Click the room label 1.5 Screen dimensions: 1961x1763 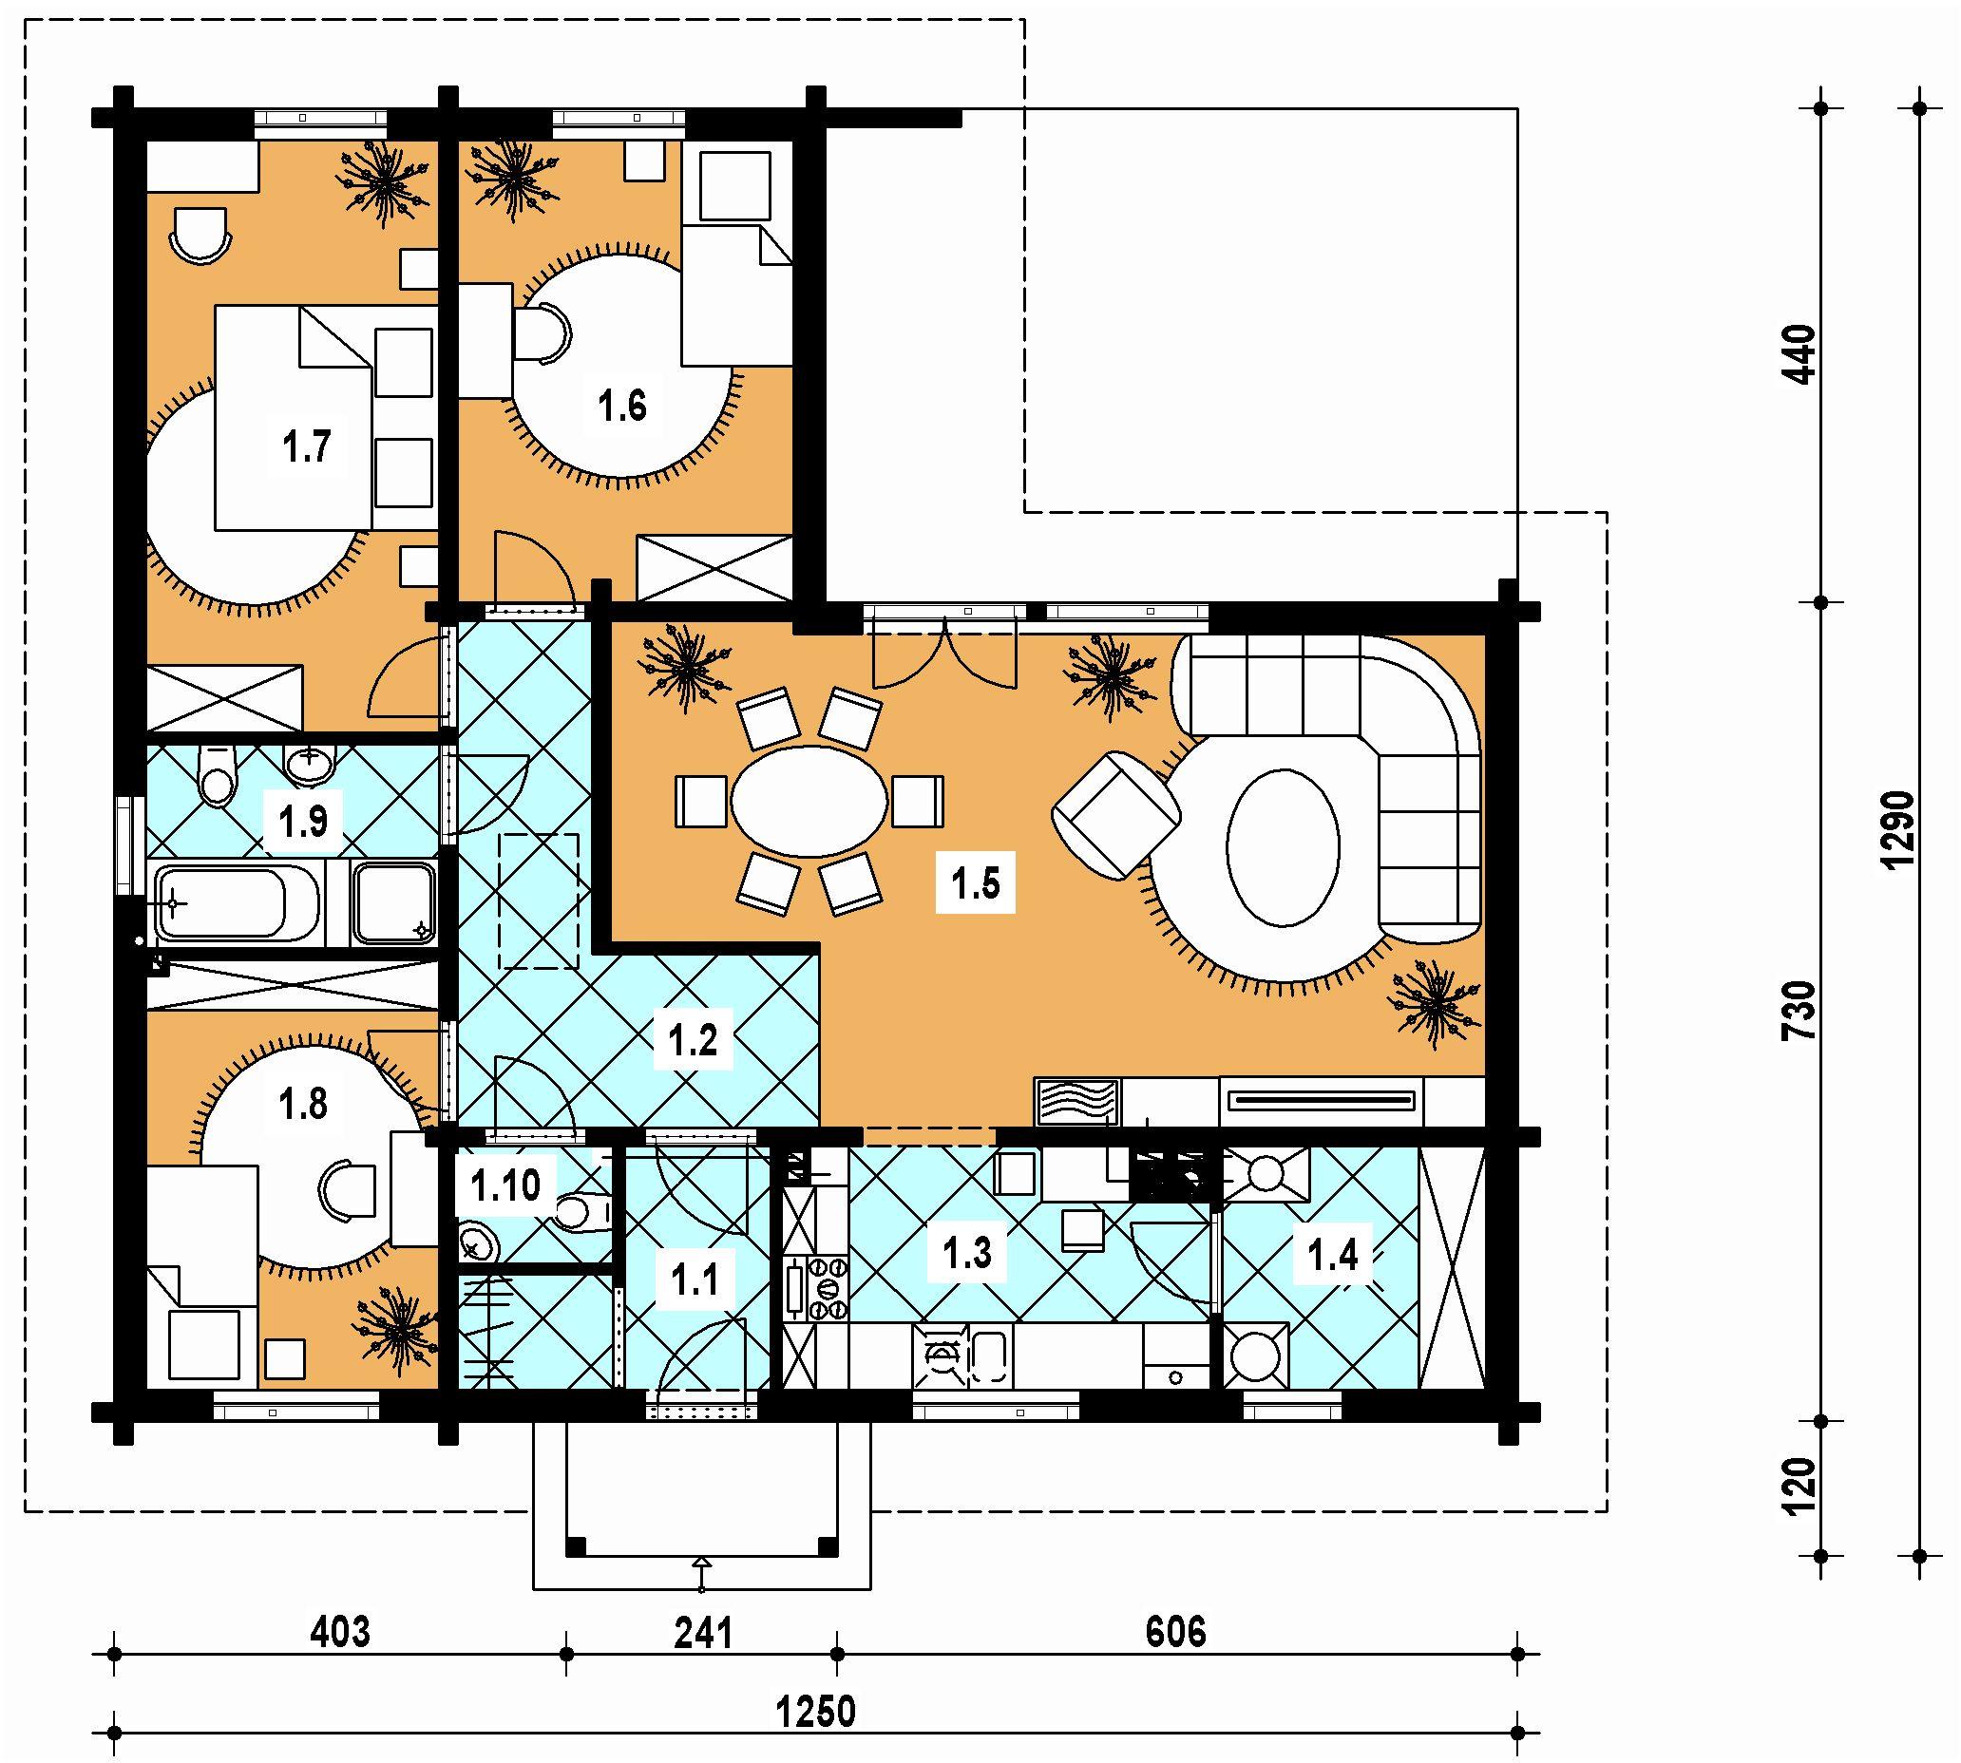point(975,882)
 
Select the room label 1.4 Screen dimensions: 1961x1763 point(1332,1256)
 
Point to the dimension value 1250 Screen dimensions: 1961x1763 point(816,1712)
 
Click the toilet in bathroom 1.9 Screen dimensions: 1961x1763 point(215,774)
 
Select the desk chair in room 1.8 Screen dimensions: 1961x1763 point(347,1190)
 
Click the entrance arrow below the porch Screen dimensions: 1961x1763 point(701,1574)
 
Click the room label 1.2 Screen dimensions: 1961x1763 point(693,1040)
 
